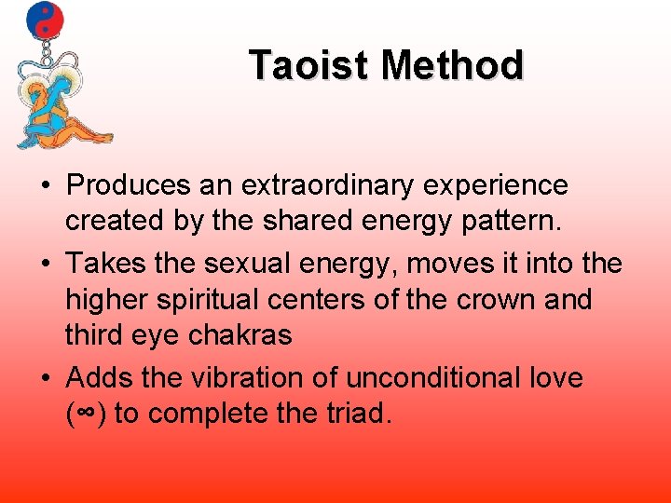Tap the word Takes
[x=104, y=265]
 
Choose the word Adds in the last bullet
[x=100, y=378]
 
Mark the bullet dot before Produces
[x=45, y=186]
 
